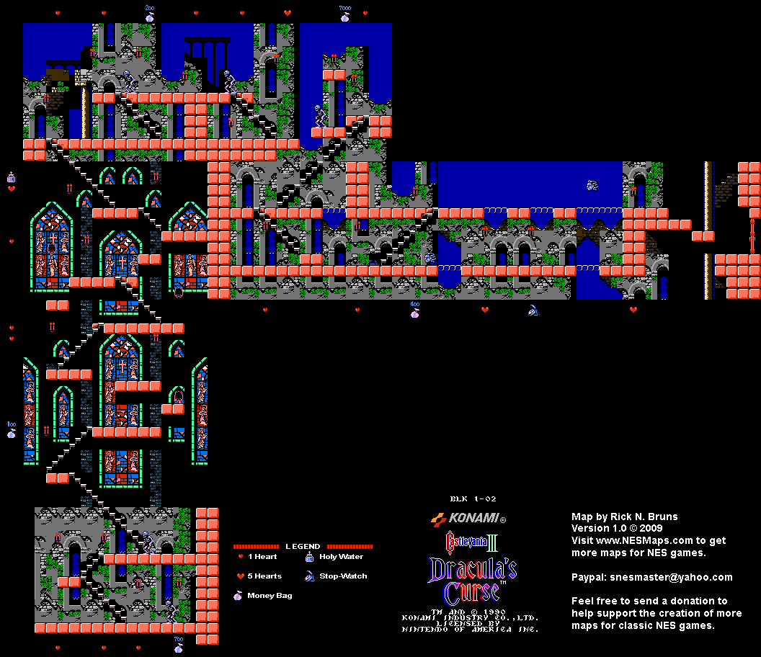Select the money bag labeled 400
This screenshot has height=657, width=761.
pyautogui.click(x=414, y=311)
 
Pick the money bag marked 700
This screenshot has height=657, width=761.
pyautogui.click(x=178, y=646)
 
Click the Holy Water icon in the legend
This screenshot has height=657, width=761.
pyautogui.click(x=309, y=557)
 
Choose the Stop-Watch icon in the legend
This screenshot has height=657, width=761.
pyautogui.click(x=309, y=576)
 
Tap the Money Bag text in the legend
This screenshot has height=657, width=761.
pyautogui.click(x=270, y=596)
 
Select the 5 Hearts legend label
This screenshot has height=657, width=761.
pyautogui.click(x=264, y=576)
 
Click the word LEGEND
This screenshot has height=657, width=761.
pyautogui.click(x=303, y=547)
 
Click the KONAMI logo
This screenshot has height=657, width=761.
pyautogui.click(x=468, y=518)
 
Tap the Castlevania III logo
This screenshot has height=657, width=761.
pyautogui.click(x=472, y=541)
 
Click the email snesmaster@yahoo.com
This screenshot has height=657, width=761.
pyautogui.click(x=672, y=577)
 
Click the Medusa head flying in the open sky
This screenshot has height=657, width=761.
pyautogui.click(x=592, y=185)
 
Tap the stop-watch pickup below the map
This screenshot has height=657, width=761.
pyautogui.click(x=533, y=311)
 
